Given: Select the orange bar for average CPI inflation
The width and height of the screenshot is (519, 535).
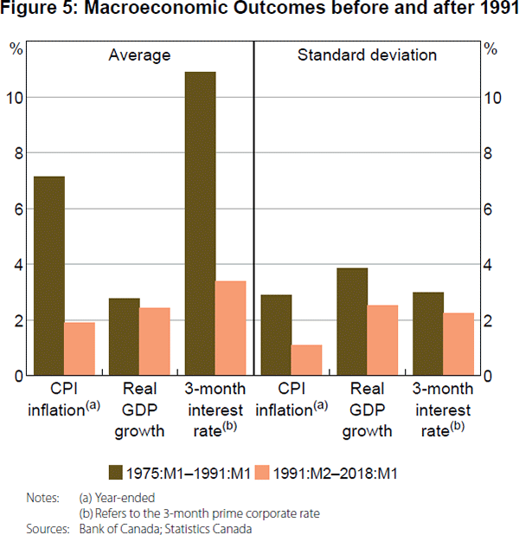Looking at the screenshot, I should click(x=80, y=348).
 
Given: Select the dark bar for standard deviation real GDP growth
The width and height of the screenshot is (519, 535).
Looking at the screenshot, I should click(x=351, y=321).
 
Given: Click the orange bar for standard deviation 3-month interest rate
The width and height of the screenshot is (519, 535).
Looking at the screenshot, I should click(x=458, y=344).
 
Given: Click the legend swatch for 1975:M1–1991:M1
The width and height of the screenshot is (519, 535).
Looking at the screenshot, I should click(x=115, y=472).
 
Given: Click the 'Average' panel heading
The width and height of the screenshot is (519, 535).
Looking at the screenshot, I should click(x=139, y=55).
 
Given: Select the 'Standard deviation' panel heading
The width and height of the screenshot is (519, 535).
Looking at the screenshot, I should click(x=367, y=55).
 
